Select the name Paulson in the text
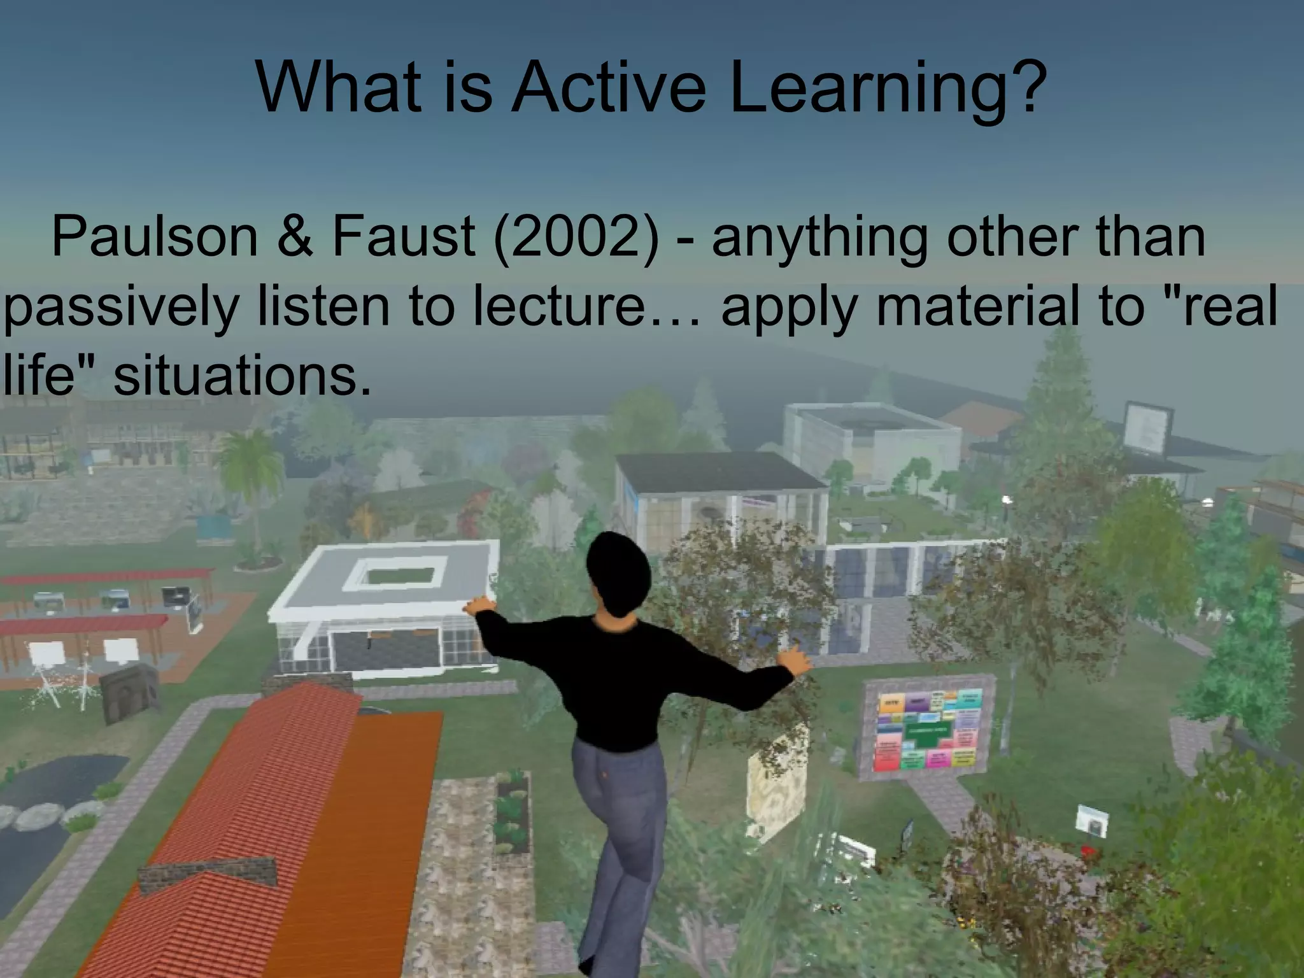(154, 236)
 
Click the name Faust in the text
(403, 236)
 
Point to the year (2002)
(576, 236)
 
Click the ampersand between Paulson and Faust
(295, 236)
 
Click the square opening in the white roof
(395, 573)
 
